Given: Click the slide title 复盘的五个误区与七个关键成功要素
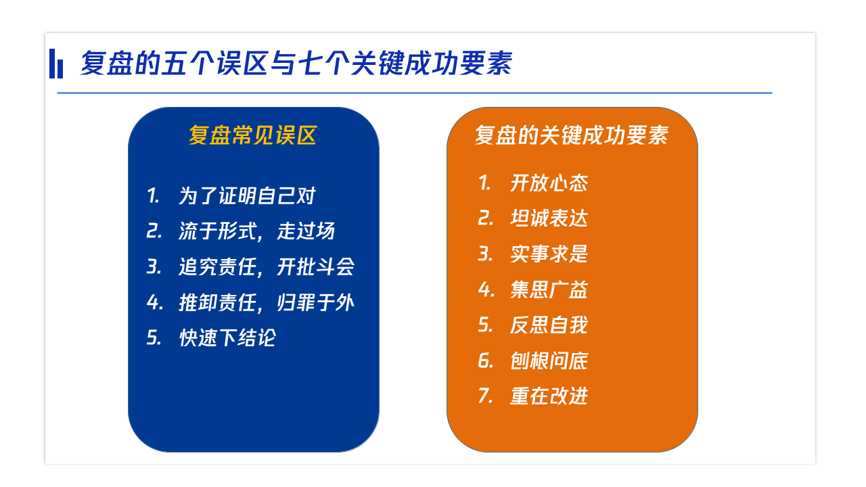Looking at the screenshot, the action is pos(296,63).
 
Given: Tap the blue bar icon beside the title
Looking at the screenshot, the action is pos(56,64).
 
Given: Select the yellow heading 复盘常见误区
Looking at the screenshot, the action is pos(252,135).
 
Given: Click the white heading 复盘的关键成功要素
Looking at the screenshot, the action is pos(572,135).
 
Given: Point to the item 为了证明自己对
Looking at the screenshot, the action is pos(247,195).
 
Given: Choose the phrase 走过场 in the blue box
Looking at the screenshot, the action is pos(306,231).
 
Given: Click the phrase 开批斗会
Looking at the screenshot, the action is pos(315,266).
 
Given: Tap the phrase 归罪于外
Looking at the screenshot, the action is pos(315,302).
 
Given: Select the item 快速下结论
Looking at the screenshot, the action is pos(227,338).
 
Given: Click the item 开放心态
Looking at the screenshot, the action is pos(549,183).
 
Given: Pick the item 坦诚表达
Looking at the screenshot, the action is pos(549,218).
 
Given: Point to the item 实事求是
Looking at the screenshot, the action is pos(549,254).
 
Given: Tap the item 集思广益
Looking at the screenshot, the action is pos(549,289).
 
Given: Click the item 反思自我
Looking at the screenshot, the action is pos(549,325).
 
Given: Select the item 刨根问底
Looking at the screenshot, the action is pos(549,361).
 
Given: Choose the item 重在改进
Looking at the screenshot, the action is pos(549,396).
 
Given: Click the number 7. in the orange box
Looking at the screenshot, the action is pos(486,396).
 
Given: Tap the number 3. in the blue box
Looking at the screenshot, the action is pos(154,266).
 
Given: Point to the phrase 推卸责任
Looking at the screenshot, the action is pos(218,302).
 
